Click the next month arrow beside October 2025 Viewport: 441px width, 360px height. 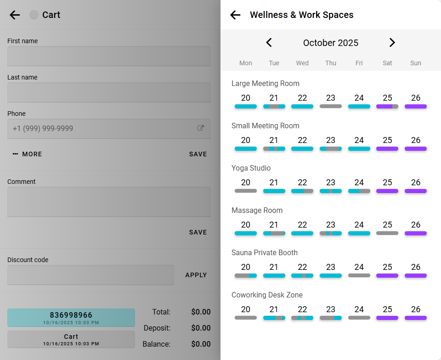pyautogui.click(x=392, y=43)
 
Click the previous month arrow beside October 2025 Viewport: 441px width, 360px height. pyautogui.click(x=269, y=43)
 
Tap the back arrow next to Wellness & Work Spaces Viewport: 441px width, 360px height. pyautogui.click(x=235, y=15)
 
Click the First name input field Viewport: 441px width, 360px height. pyautogui.click(x=109, y=56)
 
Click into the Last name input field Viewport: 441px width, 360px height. pyautogui.click(x=109, y=92)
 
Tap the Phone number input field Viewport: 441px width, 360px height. pyautogui.click(x=101, y=129)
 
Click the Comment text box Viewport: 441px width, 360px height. pyautogui.click(x=109, y=202)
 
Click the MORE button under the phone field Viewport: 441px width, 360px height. pyautogui.click(x=28, y=154)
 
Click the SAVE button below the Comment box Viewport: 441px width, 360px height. pyautogui.click(x=198, y=233)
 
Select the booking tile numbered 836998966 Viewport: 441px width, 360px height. pyautogui.click(x=71, y=318)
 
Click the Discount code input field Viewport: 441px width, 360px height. pyautogui.click(x=90, y=275)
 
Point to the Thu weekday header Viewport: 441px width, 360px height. pyautogui.click(x=331, y=63)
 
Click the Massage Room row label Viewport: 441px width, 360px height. pyautogui.click(x=257, y=211)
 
